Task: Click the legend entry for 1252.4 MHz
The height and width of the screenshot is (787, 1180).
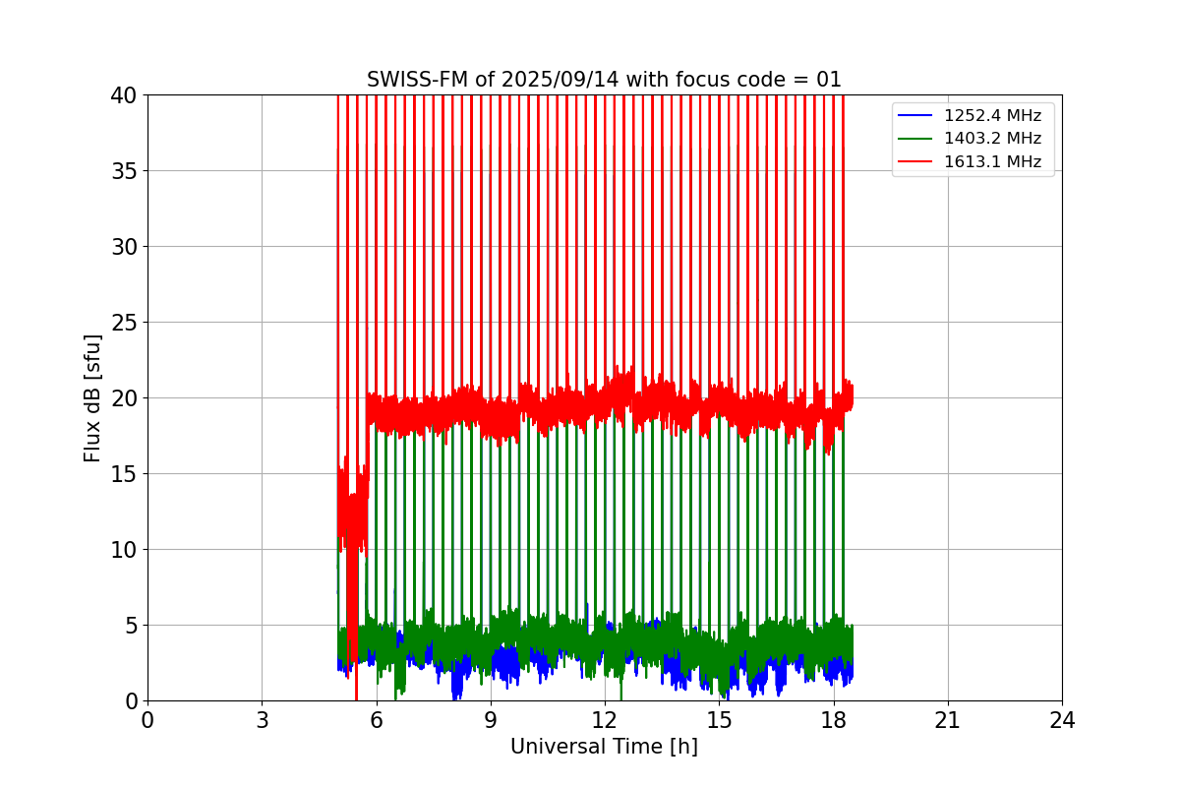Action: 992,116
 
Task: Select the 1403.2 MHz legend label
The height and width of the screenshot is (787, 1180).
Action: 992,139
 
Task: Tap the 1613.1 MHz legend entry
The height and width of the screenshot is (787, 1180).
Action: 992,161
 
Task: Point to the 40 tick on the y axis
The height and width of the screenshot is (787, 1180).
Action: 125,95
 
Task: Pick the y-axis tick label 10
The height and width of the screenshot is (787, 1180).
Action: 125,550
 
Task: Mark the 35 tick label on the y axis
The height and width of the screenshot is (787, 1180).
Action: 125,171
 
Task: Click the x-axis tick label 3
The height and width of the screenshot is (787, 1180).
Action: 262,720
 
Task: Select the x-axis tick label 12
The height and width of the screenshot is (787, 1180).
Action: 605,720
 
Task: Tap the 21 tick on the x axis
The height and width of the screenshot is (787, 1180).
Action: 948,720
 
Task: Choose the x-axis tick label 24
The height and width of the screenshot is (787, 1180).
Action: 1062,720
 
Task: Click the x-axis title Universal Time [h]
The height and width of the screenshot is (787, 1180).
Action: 604,748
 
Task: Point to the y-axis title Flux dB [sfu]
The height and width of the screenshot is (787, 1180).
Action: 92,397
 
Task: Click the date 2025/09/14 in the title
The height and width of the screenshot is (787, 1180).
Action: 557,80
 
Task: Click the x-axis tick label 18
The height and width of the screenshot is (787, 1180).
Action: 834,720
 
